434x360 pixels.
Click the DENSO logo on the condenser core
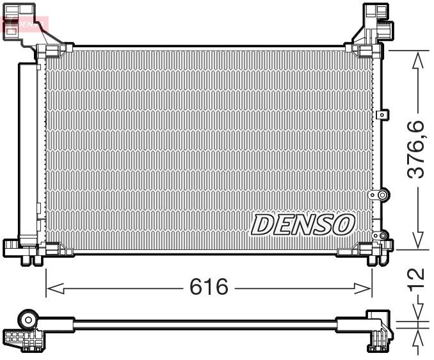pos(303,224)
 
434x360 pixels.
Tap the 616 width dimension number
pos(209,288)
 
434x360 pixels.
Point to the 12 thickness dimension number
pos(417,278)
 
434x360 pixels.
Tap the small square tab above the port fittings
pos(382,114)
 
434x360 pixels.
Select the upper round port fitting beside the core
pos(383,194)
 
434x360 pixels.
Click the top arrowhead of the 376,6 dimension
pos(417,58)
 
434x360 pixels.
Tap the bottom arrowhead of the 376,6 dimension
pos(417,242)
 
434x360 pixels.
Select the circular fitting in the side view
pos(28,319)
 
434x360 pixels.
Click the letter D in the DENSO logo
pos(263,224)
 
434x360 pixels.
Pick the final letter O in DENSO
pos(343,224)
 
